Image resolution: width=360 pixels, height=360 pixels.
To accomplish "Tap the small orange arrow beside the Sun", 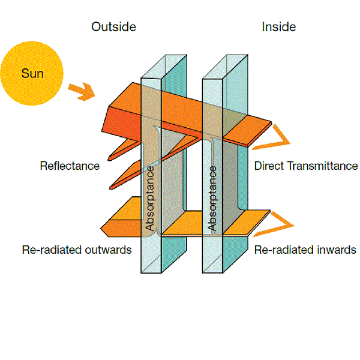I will tap(82, 91).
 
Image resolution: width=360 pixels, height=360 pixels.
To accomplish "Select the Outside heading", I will tap(113, 27).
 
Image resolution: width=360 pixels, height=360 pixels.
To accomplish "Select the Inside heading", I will tap(278, 27).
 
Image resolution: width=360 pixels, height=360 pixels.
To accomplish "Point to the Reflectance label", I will tap(70, 166).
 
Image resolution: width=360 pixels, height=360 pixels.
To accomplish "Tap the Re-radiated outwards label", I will tap(76, 250).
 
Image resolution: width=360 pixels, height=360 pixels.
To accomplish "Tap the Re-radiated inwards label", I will tap(305, 250).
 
